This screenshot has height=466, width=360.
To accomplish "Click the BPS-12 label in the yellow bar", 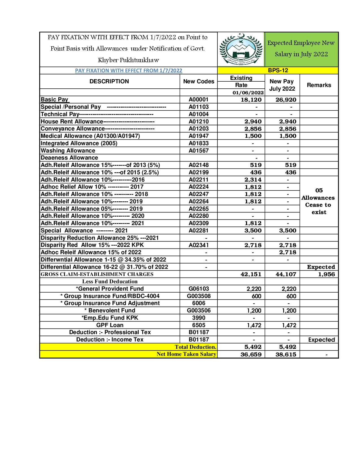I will point(278,71).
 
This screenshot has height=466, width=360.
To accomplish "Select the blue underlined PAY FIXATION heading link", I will point(128,71).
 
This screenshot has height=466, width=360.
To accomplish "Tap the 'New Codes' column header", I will point(198,82).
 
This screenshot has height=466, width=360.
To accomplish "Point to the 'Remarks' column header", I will point(319,85).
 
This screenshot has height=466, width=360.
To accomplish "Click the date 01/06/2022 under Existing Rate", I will point(248,93).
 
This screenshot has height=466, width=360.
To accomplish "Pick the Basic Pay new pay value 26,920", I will point(286,100).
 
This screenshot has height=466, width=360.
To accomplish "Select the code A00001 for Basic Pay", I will point(198,100).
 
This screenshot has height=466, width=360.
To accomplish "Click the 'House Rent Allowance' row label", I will point(72,121).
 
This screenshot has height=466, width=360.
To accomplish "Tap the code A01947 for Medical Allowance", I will point(198,136).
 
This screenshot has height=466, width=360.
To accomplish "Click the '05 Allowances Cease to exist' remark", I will point(319,201).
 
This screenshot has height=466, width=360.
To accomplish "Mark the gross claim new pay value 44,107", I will point(286,274).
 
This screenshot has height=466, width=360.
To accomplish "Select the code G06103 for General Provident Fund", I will point(198,289).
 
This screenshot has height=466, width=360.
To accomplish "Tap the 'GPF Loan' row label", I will point(110,325).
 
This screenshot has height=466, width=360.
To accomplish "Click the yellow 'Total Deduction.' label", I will point(195,347).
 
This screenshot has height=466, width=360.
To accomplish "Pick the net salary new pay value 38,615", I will point(286,354).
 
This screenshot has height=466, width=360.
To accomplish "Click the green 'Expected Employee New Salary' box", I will point(301,49).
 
